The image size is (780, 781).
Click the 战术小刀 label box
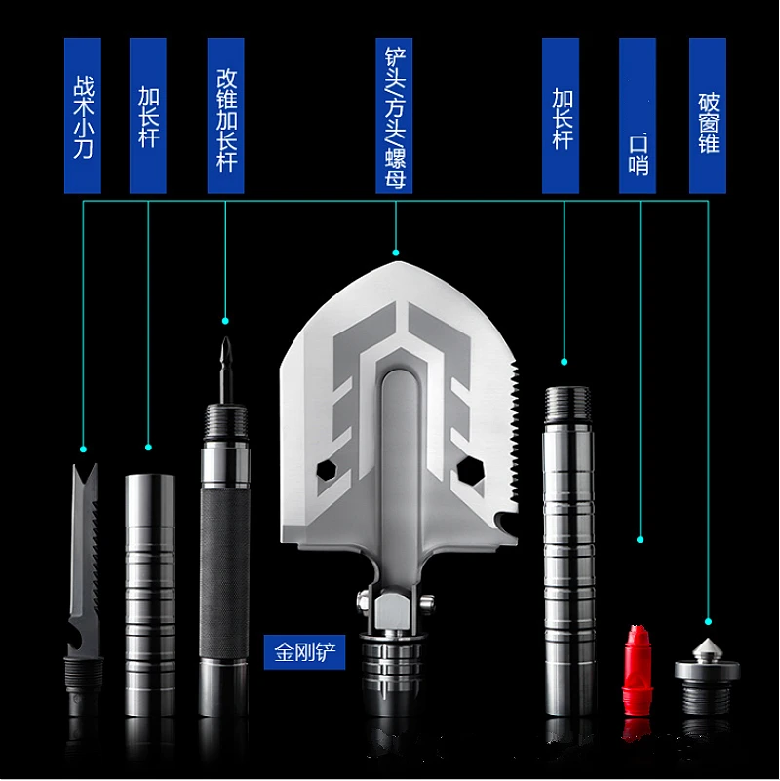click(x=83, y=116)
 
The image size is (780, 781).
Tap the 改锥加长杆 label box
click(x=225, y=116)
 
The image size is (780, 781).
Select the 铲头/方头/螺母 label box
click(x=394, y=116)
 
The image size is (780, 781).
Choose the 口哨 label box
click(x=638, y=116)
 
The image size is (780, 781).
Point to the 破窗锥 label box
click(x=708, y=116)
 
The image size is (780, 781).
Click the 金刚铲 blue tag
click(x=304, y=652)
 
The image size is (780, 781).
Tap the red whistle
click(x=637, y=670)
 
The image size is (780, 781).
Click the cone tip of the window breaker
click(x=707, y=640)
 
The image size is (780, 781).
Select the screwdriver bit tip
click(x=226, y=339)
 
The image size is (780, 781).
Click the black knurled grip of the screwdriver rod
click(x=224, y=575)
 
